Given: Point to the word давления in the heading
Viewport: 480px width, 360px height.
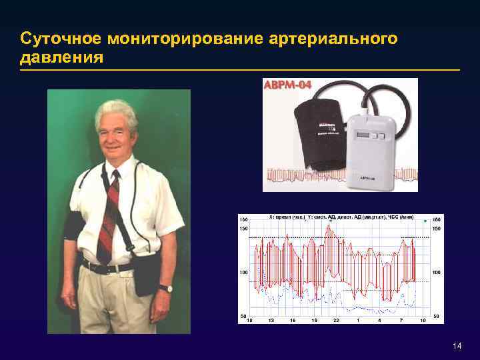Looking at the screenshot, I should point(61,58).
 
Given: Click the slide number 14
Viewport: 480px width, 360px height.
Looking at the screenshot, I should point(457,345).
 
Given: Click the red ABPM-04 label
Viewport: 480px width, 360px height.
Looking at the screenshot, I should point(289,85).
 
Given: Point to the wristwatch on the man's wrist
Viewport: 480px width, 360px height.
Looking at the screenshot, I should point(164,289).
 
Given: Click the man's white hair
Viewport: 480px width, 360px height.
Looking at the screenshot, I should point(115,111).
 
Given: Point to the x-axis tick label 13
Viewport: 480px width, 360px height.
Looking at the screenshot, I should point(271,321).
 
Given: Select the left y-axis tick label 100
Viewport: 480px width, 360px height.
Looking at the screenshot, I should point(243,273).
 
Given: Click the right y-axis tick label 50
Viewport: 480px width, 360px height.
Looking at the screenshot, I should point(437,315).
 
